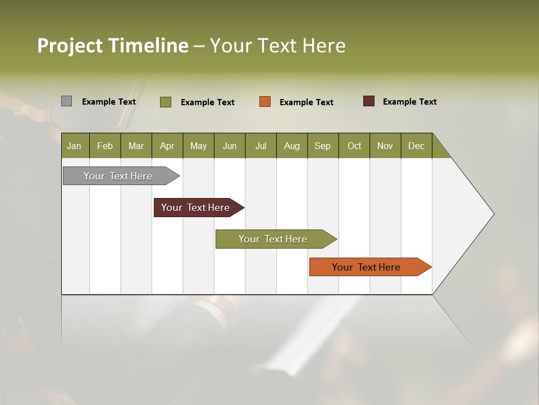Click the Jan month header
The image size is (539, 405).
[75, 146]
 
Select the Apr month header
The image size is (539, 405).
[167, 146]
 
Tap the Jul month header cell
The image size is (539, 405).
[261, 146]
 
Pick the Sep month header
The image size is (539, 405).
[323, 146]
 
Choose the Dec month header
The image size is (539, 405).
[417, 146]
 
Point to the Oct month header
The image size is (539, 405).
[354, 146]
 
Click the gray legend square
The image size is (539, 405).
[66, 101]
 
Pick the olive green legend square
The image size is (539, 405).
[165, 102]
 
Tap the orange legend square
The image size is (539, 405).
[265, 102]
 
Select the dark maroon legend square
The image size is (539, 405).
[368, 101]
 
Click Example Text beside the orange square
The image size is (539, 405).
[307, 102]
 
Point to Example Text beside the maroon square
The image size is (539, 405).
[410, 102]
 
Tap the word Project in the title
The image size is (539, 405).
[69, 46]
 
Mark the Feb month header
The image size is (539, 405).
[105, 146]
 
